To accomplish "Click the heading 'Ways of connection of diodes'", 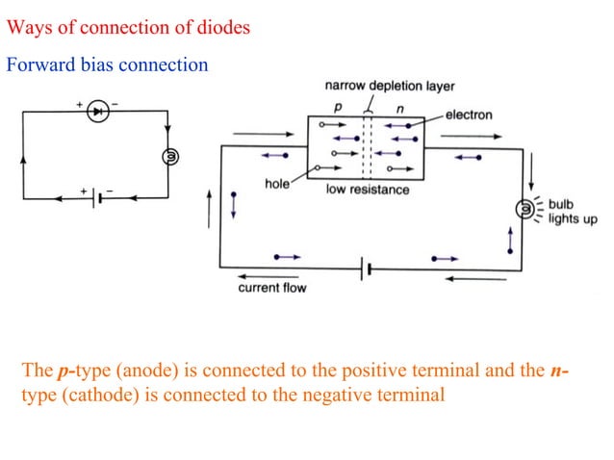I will tap(128, 27).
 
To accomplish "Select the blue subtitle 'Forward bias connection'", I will tap(107, 65).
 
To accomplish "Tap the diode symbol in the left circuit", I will tap(96, 112).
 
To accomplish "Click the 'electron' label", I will tap(469, 115).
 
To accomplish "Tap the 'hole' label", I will tap(277, 183).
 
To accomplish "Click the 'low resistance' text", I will tap(368, 190).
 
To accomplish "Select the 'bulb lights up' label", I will tap(572, 212).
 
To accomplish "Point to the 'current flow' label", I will tap(272, 288).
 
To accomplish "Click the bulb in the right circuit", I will tap(525, 208).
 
